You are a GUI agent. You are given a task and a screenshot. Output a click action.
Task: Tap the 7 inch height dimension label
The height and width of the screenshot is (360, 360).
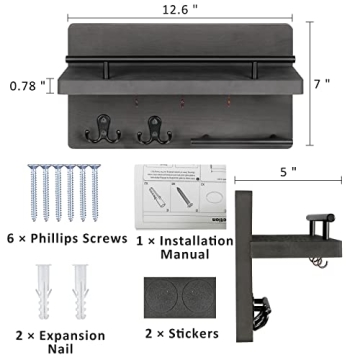coord(321,85)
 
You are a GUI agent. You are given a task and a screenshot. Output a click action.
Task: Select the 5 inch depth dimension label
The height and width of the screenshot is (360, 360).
coord(289,172)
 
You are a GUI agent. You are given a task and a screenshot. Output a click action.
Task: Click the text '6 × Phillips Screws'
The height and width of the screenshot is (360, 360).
coord(66,238)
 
